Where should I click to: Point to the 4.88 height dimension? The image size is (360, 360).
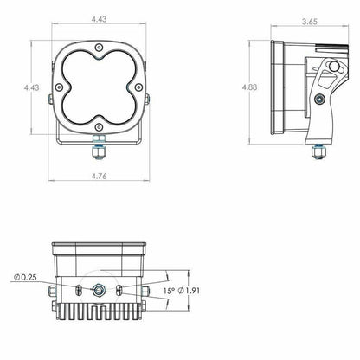pos(250,87)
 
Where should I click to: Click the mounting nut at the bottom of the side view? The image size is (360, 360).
pos(320,149)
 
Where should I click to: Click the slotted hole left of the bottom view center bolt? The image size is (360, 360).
pos(78,288)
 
